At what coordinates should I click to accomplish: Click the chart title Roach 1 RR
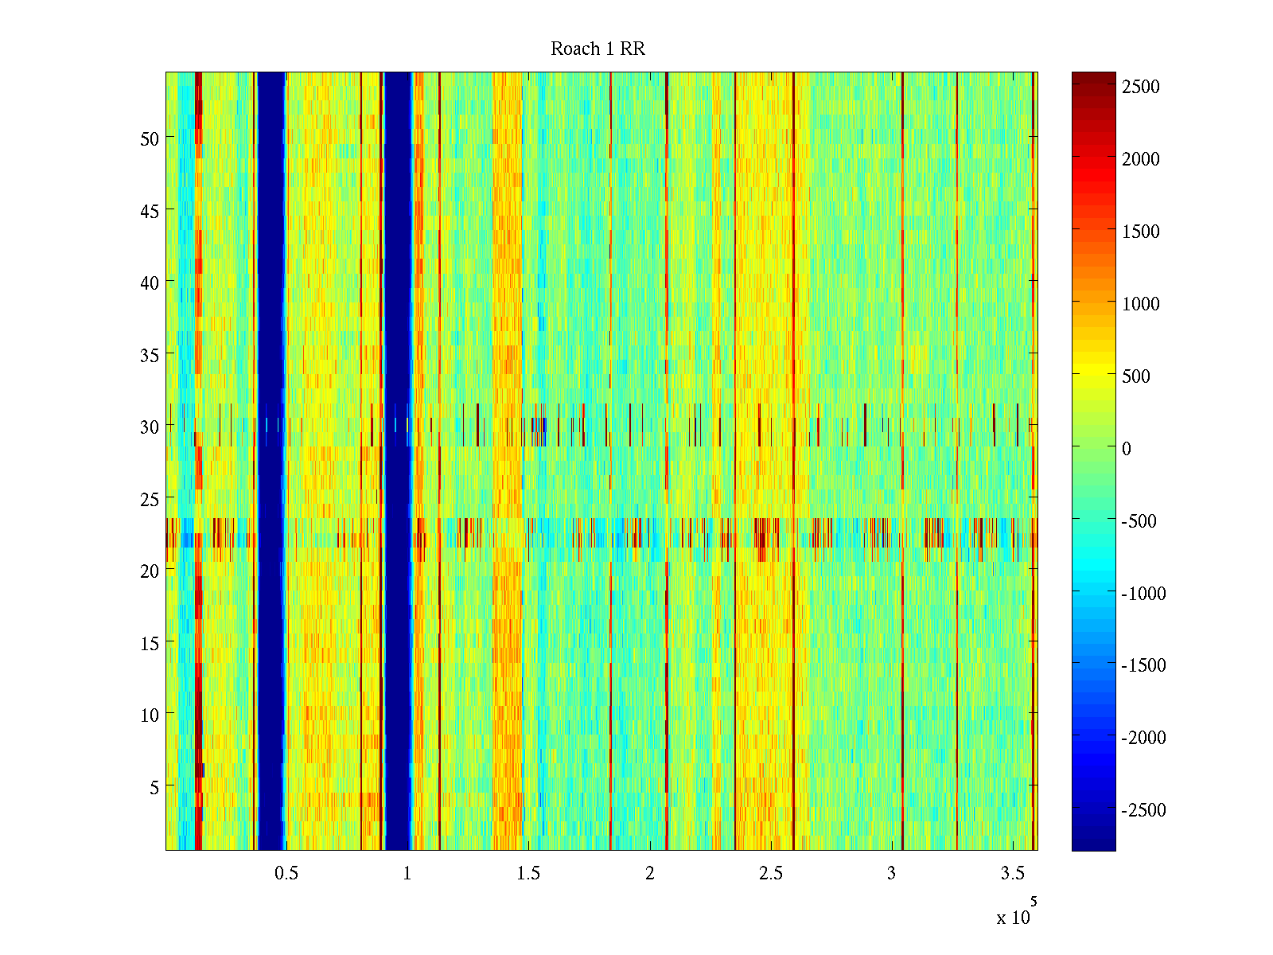pyautogui.click(x=598, y=49)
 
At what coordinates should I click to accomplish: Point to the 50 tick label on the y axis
pyautogui.click(x=149, y=138)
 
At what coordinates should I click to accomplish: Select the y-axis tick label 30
pyautogui.click(x=149, y=427)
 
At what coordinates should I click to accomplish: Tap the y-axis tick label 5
pyautogui.click(x=154, y=787)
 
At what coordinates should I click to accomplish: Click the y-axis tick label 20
pyautogui.click(x=149, y=571)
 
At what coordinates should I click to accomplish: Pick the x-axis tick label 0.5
pyautogui.click(x=286, y=874)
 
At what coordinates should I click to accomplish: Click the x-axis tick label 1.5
pyautogui.click(x=528, y=874)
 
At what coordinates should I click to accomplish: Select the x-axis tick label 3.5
pyautogui.click(x=1012, y=874)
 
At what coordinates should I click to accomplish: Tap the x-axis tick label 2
pyautogui.click(x=649, y=874)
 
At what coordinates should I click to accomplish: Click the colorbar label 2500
pyautogui.click(x=1141, y=88)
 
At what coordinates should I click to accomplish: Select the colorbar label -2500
pyautogui.click(x=1143, y=810)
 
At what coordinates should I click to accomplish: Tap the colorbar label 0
pyautogui.click(x=1126, y=449)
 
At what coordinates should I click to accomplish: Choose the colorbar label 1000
pyautogui.click(x=1141, y=304)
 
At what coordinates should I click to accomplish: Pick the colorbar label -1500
pyautogui.click(x=1143, y=665)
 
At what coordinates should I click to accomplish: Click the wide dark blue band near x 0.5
pyautogui.click(x=271, y=318)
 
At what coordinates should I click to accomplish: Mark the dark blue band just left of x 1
pyautogui.click(x=397, y=318)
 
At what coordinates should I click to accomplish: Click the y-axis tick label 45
pyautogui.click(x=149, y=211)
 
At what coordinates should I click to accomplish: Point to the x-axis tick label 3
pyautogui.click(x=891, y=874)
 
